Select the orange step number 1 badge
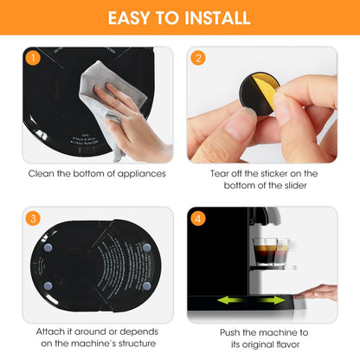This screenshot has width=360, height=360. [x=31, y=60]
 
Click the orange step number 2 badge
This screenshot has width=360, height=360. [x=199, y=60]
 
